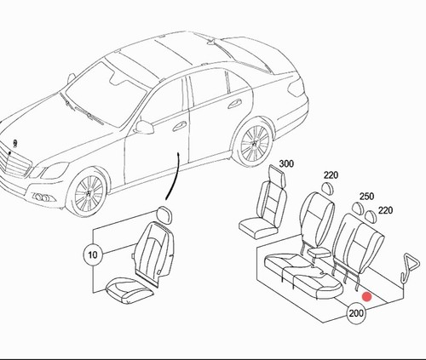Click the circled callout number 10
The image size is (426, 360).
pyautogui.click(x=93, y=254)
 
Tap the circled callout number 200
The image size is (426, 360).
pyautogui.click(x=356, y=313)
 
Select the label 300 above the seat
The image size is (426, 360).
pyautogui.click(x=286, y=163)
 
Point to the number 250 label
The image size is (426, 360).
pyautogui.click(x=366, y=197)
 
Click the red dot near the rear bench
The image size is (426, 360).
pyautogui.click(x=367, y=297)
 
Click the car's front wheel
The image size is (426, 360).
pyautogui.click(x=88, y=192)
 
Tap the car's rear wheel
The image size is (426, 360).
pyautogui.click(x=254, y=144)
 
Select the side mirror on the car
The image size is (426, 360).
pyautogui.click(x=143, y=127)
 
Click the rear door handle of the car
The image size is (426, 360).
pyautogui.click(x=234, y=104)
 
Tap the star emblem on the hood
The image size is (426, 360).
pyautogui.click(x=14, y=143)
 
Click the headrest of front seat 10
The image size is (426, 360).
pyautogui.click(x=164, y=214)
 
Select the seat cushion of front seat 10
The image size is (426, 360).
pyautogui.click(x=130, y=290)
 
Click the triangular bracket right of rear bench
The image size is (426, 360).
pyautogui.click(x=410, y=267)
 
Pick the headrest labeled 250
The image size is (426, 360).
pyautogui.click(x=358, y=208)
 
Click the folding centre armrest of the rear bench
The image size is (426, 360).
pyautogui.click(x=319, y=252)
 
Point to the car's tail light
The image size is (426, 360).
pyautogui.click(x=296, y=88)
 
